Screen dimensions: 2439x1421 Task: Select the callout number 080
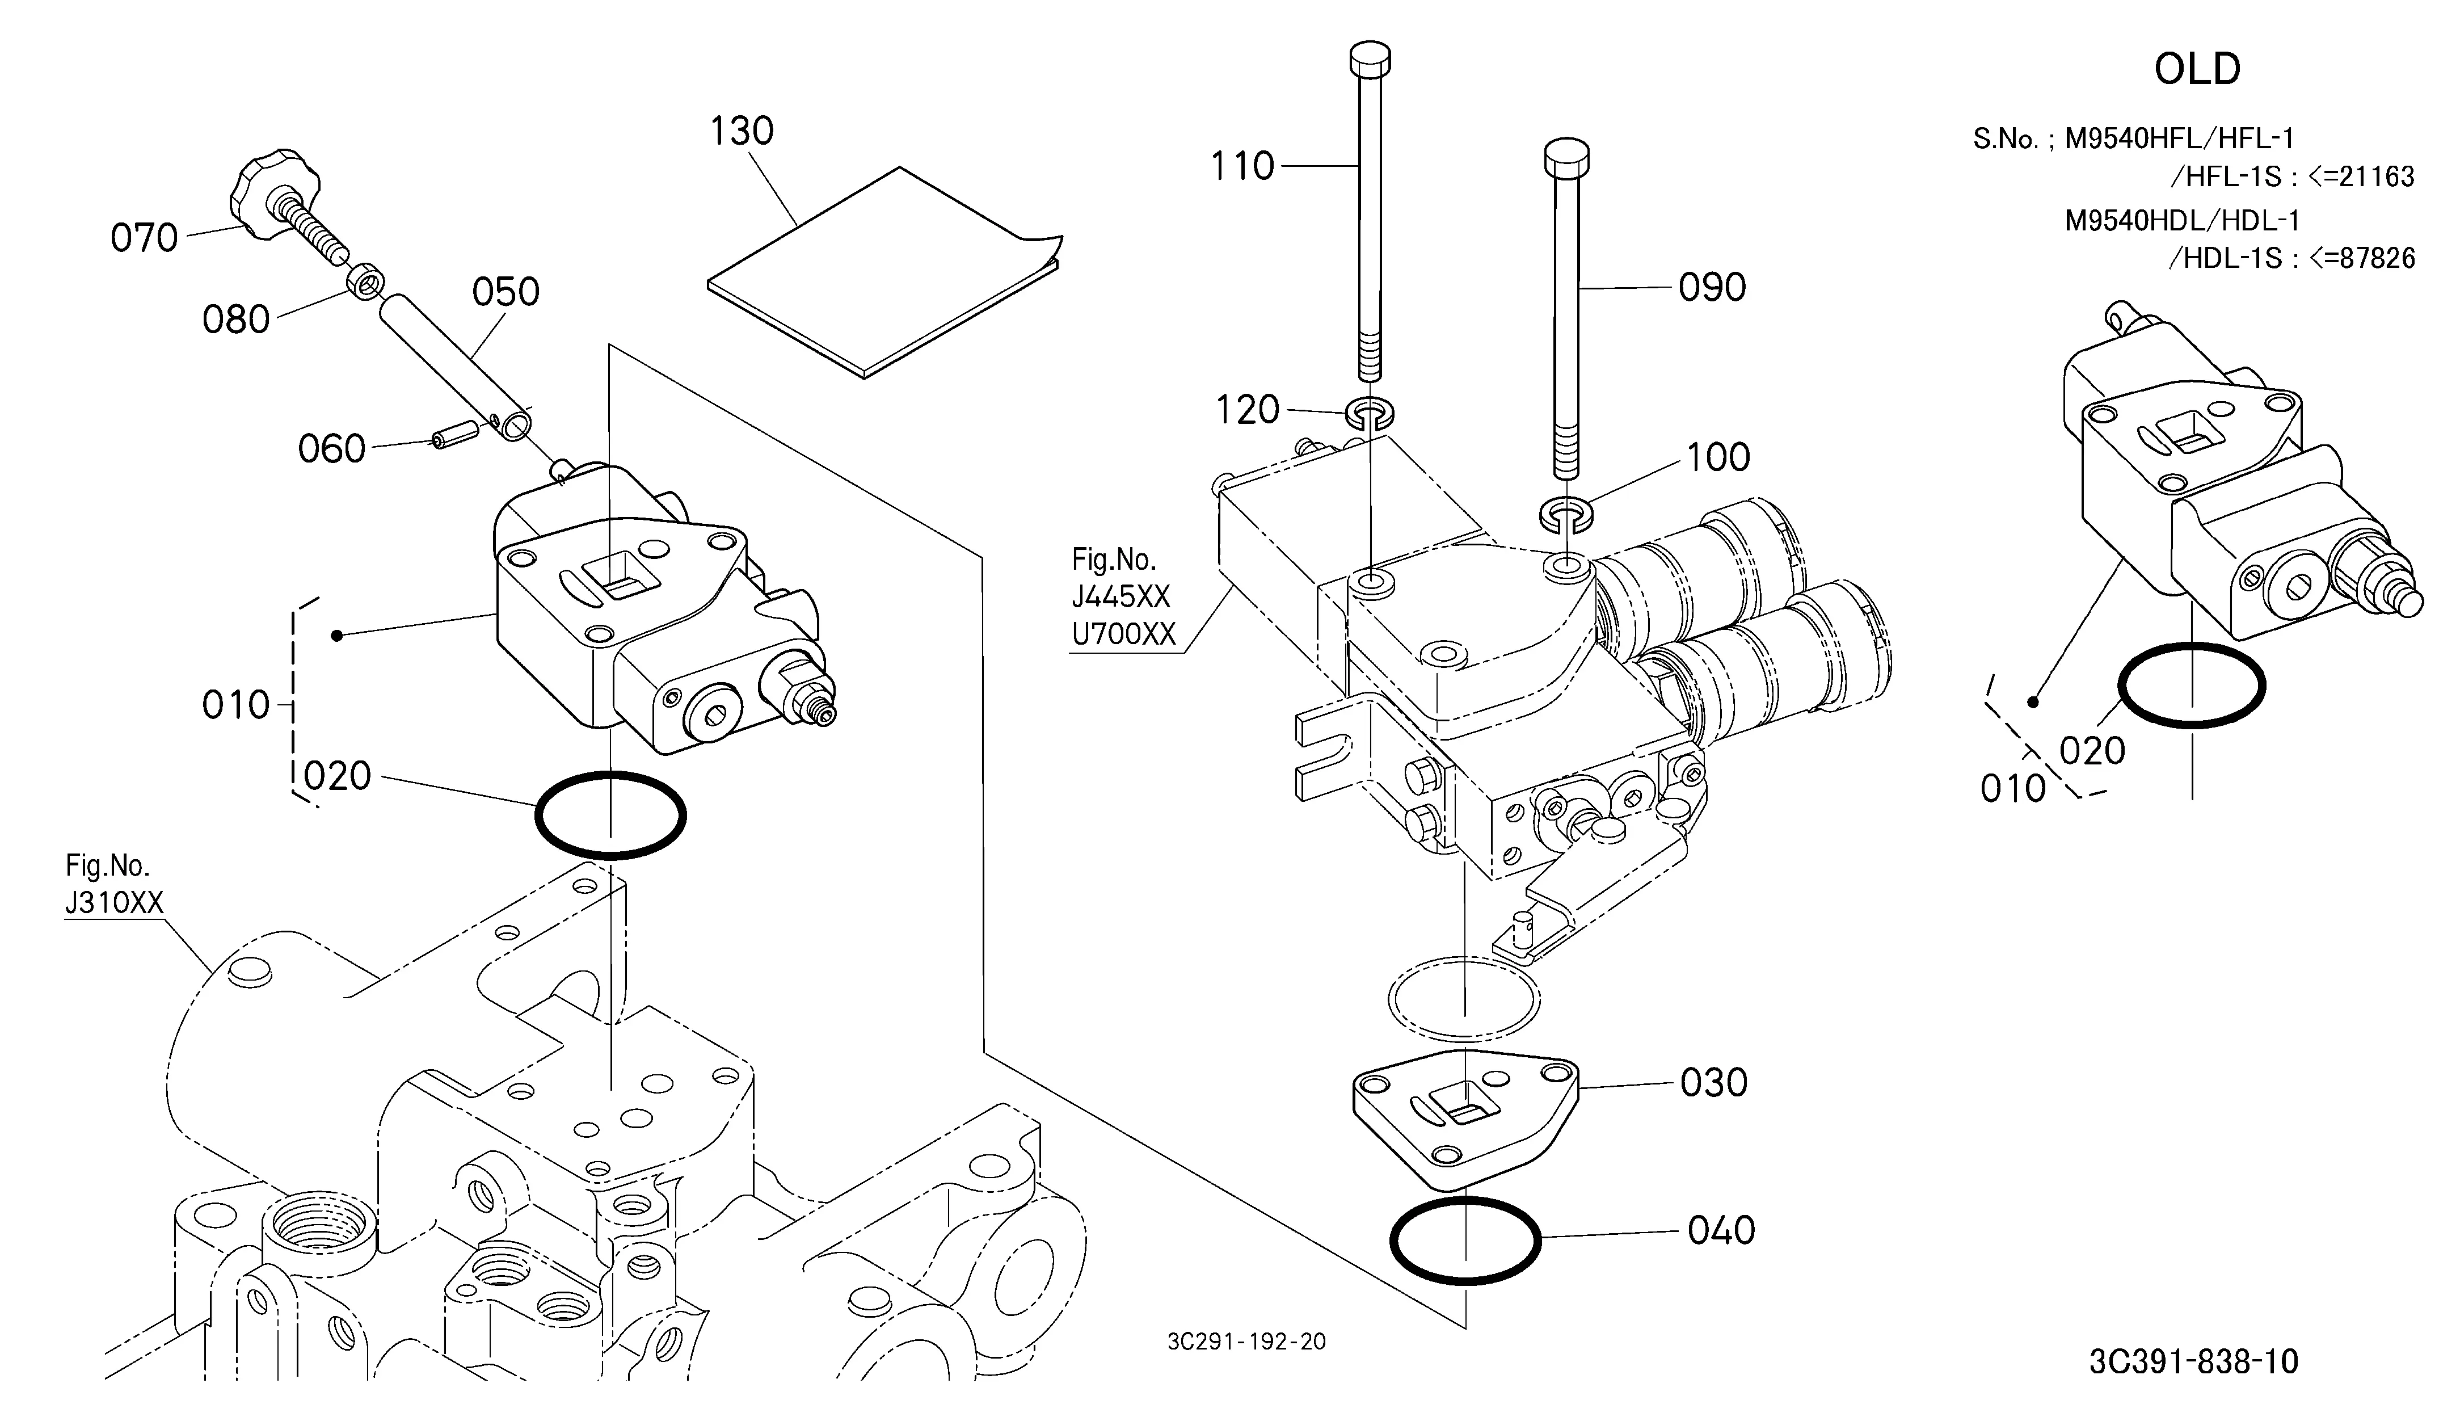235,319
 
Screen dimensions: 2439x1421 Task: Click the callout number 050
506,291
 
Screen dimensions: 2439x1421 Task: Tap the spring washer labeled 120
1370,413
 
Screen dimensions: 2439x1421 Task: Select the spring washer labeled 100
1565,514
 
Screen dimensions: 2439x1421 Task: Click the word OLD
2197,69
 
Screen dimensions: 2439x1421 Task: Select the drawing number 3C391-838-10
2193,1362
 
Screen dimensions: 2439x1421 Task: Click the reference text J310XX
114,902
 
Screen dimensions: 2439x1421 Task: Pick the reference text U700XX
1124,634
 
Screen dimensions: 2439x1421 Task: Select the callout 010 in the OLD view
2013,789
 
